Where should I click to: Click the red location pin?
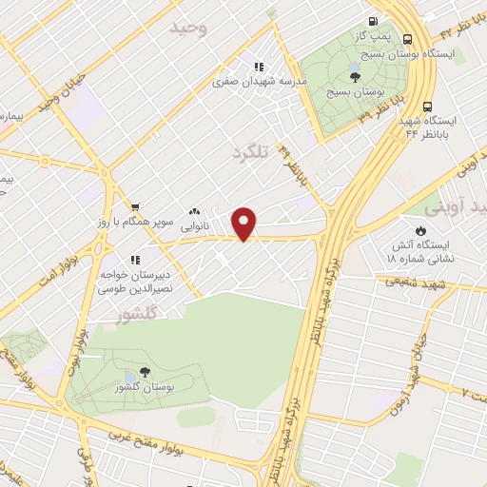click(244, 223)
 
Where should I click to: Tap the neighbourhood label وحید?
click(187, 28)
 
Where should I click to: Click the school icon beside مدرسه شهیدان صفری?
click(257, 66)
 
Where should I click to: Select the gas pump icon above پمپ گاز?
click(373, 21)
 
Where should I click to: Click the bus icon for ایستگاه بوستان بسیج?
click(408, 39)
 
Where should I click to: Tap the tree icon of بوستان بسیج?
click(355, 76)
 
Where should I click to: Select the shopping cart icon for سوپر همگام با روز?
click(135, 205)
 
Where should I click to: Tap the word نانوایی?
click(195, 228)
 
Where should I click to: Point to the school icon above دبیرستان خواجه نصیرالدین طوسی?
click(134, 258)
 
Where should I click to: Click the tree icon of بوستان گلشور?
click(145, 372)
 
